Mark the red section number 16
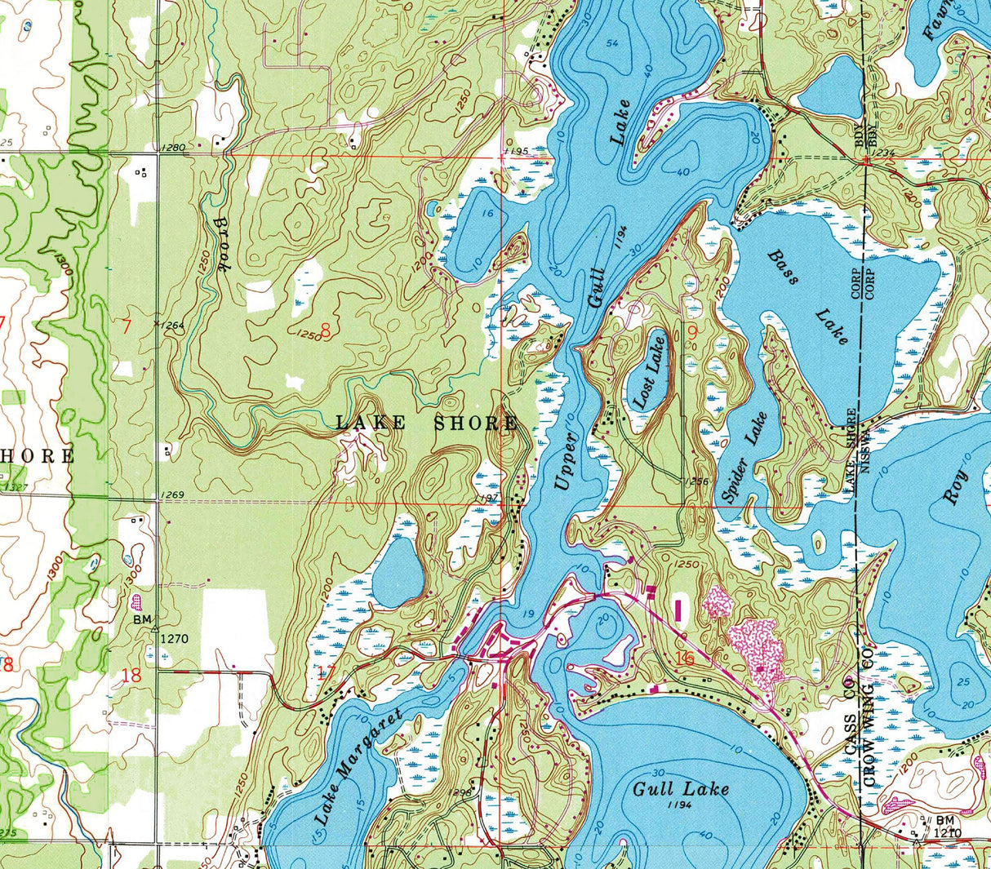tap(684, 658)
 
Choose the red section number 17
tap(326, 672)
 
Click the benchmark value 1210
tap(950, 833)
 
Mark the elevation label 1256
tap(697, 481)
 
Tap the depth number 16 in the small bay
tap(488, 213)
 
